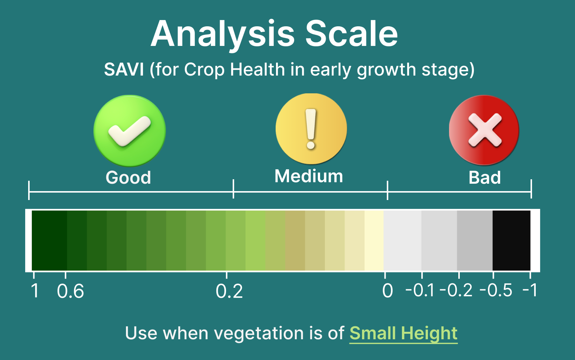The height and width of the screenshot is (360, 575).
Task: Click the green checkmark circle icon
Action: click(x=130, y=131)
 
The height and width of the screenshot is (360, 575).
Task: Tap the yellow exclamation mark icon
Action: click(x=311, y=129)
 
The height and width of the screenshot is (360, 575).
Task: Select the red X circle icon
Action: click(x=484, y=130)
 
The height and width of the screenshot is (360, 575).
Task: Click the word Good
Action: click(x=128, y=177)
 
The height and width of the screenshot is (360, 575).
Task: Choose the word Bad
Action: click(x=485, y=177)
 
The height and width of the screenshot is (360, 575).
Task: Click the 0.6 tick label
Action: click(x=70, y=291)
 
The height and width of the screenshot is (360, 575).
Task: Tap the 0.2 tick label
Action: click(x=229, y=291)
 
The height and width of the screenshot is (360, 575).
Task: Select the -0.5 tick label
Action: click(x=496, y=290)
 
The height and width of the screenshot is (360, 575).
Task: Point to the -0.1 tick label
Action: click(x=420, y=290)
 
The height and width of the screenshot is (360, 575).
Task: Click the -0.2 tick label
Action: click(x=456, y=290)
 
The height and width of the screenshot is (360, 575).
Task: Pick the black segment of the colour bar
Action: click(x=512, y=240)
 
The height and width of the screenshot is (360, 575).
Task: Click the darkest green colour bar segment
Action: click(x=49, y=240)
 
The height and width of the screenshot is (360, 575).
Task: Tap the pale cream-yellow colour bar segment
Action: click(x=374, y=240)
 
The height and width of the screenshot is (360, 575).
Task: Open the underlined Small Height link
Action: click(x=403, y=333)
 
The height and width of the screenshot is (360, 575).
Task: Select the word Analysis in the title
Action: click(x=223, y=36)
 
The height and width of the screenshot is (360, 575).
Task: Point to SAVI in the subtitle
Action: click(x=124, y=70)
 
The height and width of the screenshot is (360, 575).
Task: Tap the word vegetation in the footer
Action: click(x=259, y=334)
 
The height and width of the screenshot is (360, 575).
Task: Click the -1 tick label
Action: click(x=530, y=290)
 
